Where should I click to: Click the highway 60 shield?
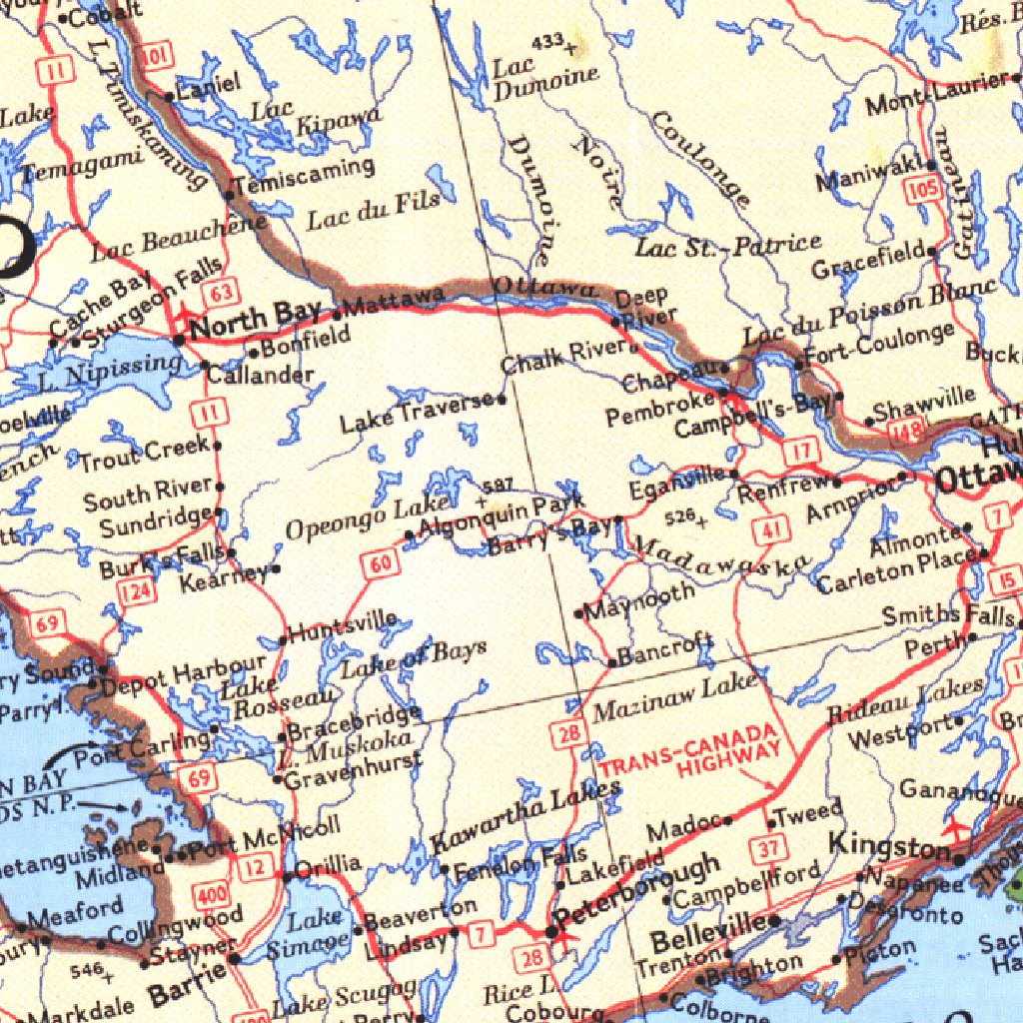pos(381,564)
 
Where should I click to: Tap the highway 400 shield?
pos(212,895)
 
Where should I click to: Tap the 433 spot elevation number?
pos(547,42)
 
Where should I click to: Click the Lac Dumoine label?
pos(544,80)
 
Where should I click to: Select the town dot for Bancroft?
pos(612,662)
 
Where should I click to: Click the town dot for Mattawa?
pos(338,315)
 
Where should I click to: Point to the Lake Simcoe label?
pos(316,933)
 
